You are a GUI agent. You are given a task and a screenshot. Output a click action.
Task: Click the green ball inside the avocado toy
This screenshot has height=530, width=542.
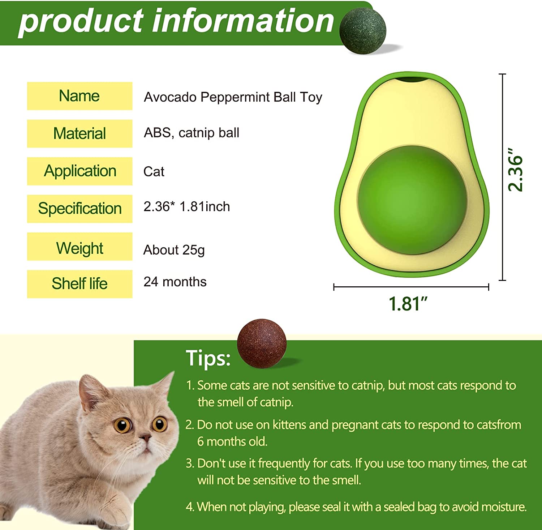[x=412, y=200]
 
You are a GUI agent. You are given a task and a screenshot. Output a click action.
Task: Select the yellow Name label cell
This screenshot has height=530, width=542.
[x=79, y=96]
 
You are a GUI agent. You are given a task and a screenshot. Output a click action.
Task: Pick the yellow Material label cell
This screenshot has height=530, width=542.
[x=79, y=133]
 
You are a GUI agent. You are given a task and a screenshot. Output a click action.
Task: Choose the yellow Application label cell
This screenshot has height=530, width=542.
[x=79, y=171]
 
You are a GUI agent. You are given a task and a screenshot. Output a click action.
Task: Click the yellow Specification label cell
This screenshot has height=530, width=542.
[x=79, y=209]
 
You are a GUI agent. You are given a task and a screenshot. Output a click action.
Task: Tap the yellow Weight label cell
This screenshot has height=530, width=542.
[x=79, y=246]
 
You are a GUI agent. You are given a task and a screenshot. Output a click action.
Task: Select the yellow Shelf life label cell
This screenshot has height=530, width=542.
[x=79, y=284]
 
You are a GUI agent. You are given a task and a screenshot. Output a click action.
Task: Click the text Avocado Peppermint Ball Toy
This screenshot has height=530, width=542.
[x=233, y=97]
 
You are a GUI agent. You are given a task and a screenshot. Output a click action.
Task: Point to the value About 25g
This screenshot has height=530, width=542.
[x=174, y=250]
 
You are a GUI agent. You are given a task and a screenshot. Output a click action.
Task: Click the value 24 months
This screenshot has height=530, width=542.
[x=175, y=282]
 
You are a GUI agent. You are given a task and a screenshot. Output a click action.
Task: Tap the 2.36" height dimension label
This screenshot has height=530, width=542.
[x=516, y=170]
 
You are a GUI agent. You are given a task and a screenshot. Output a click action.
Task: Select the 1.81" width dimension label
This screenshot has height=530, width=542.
[x=408, y=304]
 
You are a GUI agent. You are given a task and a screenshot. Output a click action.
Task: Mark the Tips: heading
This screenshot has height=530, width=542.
[x=208, y=358]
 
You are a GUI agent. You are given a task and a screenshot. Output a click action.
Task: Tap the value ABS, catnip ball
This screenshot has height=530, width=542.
[x=192, y=133]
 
